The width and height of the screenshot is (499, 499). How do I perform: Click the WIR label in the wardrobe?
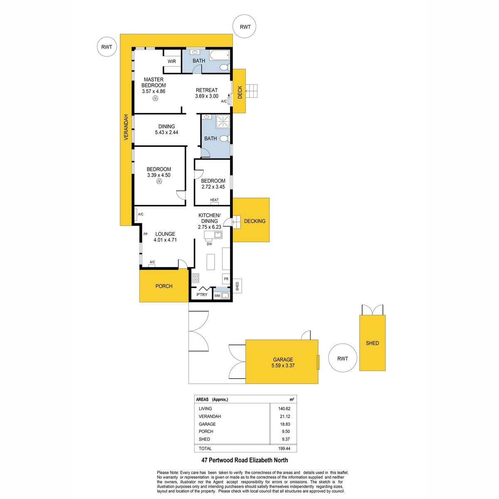coord(172,62)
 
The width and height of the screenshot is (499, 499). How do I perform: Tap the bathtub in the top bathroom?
coord(220,55)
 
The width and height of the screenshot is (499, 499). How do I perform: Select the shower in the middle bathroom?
coord(223,121)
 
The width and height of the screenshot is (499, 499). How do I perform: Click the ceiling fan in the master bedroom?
coord(155,98)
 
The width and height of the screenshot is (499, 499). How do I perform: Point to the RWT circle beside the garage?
coord(343,358)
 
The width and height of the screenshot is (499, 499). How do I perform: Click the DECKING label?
coord(254,221)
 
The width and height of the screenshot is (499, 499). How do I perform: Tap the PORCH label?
coord(164,286)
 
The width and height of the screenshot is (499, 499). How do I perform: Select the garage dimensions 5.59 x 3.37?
coord(283,366)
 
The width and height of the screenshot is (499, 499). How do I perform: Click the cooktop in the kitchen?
coord(195,278)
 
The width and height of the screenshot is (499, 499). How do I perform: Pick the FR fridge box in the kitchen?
coord(226,279)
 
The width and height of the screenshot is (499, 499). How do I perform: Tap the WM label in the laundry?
coord(217,296)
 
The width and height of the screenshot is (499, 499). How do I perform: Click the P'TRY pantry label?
coord(202,295)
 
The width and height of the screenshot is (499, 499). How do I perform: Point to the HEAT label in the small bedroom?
coord(214,200)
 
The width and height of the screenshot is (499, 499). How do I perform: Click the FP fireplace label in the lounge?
coord(146,234)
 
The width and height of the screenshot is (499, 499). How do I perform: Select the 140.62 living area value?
coord(284,409)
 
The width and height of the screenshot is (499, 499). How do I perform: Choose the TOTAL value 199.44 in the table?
coord(284,449)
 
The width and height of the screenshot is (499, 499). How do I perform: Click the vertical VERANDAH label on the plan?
coord(126,127)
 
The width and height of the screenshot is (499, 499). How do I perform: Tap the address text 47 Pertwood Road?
coord(225,460)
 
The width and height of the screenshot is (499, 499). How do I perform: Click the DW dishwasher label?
coord(209,244)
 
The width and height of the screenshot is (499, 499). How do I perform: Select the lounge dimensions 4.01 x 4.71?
coord(165,240)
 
